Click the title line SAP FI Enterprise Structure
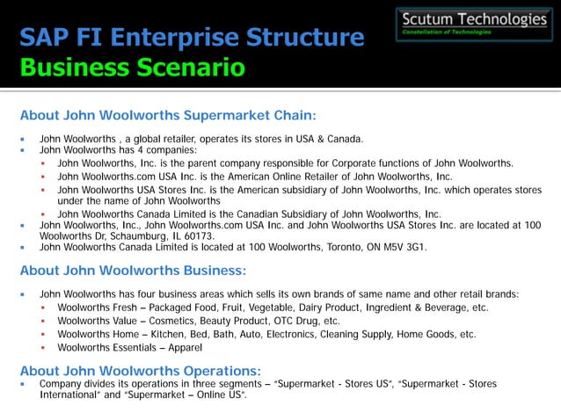192,38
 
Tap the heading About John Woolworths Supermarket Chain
167,115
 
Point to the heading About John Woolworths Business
133,271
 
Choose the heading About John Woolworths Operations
141,370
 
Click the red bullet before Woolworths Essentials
43,348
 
